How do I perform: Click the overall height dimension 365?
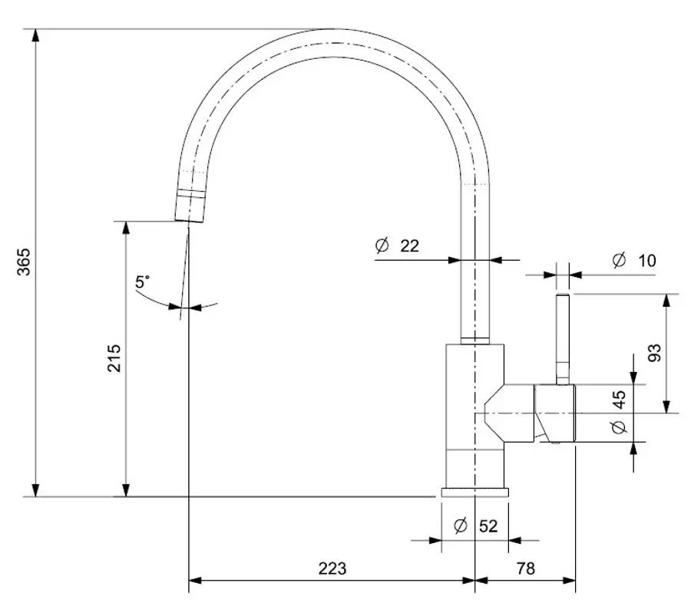[24, 262]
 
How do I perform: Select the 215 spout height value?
[114, 357]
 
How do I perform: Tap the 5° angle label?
[144, 282]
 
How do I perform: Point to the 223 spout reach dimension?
[332, 568]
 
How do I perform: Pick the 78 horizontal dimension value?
[526, 568]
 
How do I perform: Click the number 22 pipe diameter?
[410, 245]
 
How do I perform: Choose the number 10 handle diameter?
[646, 261]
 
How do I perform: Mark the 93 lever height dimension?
[654, 352]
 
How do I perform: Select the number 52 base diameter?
[488, 526]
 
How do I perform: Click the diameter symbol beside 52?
[461, 525]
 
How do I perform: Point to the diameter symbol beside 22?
[382, 245]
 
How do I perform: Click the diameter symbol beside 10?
[619, 260]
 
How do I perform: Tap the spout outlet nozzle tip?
[189, 208]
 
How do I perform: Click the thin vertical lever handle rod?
[563, 337]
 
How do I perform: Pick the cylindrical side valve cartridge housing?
[554, 413]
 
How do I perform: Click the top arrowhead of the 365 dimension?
[35, 35]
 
